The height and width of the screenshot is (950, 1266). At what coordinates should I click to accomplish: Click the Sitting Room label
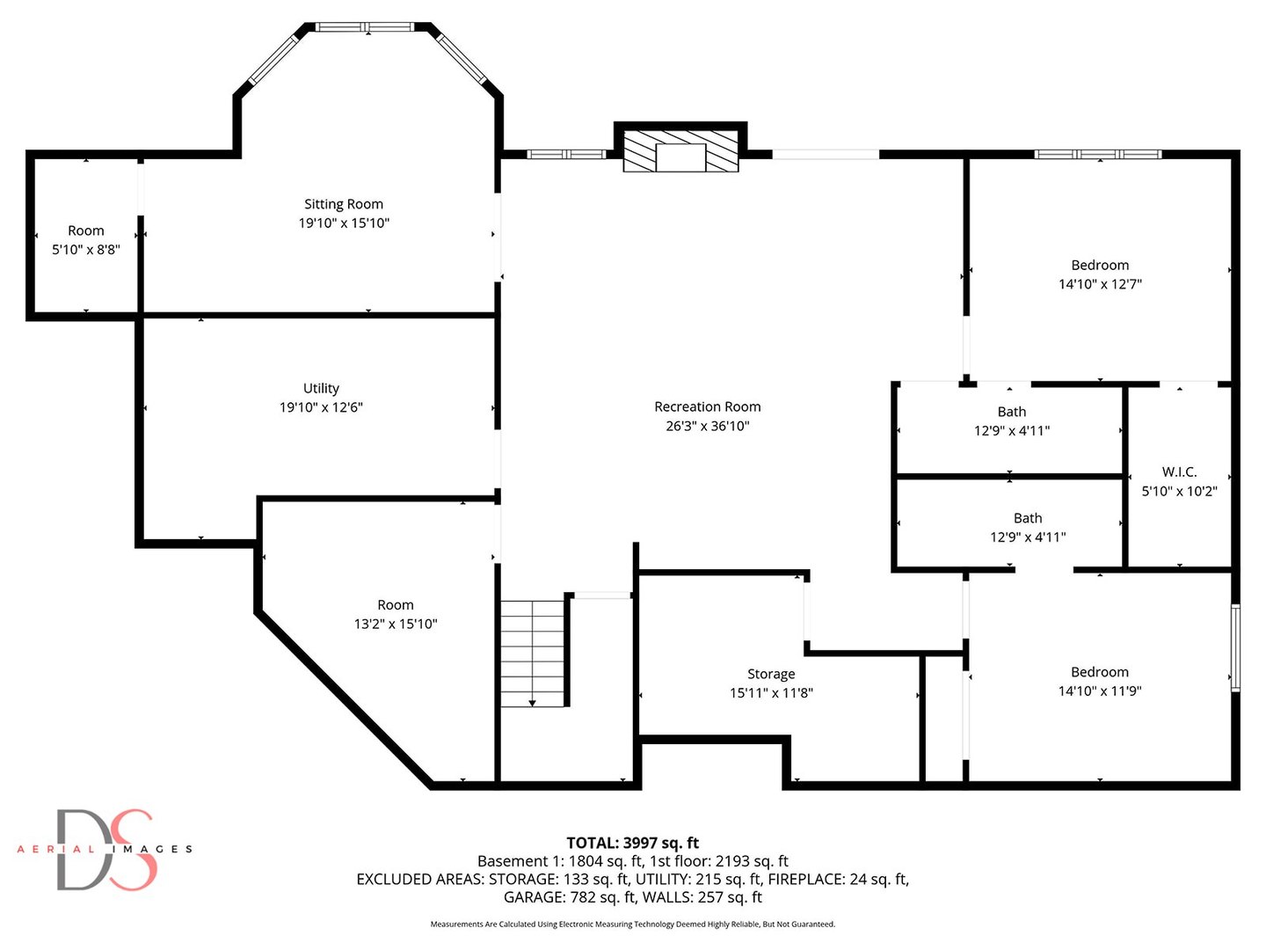tap(343, 204)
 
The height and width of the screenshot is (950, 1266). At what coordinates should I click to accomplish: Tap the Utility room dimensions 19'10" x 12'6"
tap(321, 407)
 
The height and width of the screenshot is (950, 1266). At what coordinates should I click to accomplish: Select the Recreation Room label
tap(707, 406)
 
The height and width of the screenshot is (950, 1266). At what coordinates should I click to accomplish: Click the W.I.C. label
tap(1179, 472)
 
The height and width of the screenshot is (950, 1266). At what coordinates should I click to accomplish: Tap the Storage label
tap(771, 674)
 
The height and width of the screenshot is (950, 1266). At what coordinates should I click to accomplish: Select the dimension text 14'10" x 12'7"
tap(1100, 284)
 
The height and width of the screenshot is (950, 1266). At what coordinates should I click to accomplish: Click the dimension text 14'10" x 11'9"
tap(1099, 691)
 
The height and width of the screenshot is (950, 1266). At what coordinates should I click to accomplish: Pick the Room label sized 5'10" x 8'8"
tap(85, 230)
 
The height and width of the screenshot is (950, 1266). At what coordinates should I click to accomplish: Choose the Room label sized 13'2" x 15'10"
tap(395, 605)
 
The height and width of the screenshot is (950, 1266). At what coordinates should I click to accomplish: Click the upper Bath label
tap(1011, 412)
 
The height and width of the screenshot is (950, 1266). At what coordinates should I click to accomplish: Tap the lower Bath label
tap(1027, 518)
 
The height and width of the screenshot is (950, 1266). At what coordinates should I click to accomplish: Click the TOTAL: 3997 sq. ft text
tap(632, 843)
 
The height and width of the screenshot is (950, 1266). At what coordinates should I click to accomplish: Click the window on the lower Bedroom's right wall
tap(1235, 647)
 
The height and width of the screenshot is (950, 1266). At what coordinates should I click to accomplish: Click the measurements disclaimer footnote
tap(632, 924)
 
